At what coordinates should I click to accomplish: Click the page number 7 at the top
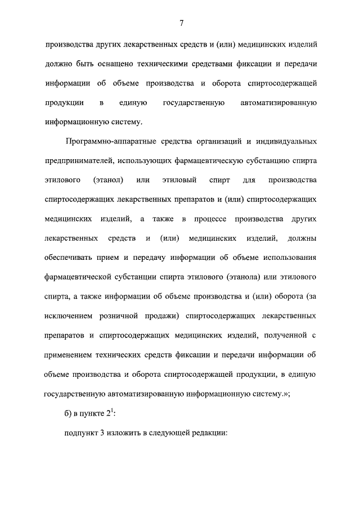[182, 23]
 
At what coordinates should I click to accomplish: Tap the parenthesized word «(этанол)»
[106, 179]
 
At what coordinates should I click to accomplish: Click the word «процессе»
[213, 218]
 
